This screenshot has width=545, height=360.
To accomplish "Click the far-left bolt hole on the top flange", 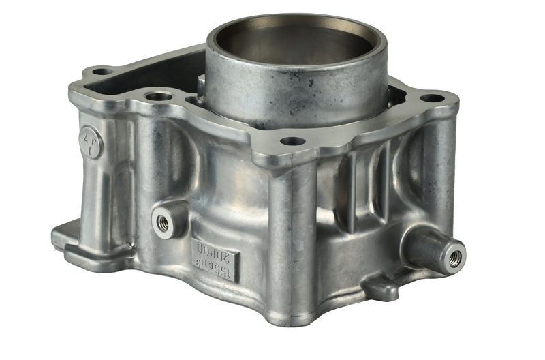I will tap(102, 70).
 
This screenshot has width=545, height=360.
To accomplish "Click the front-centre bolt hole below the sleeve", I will tap(293, 142).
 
